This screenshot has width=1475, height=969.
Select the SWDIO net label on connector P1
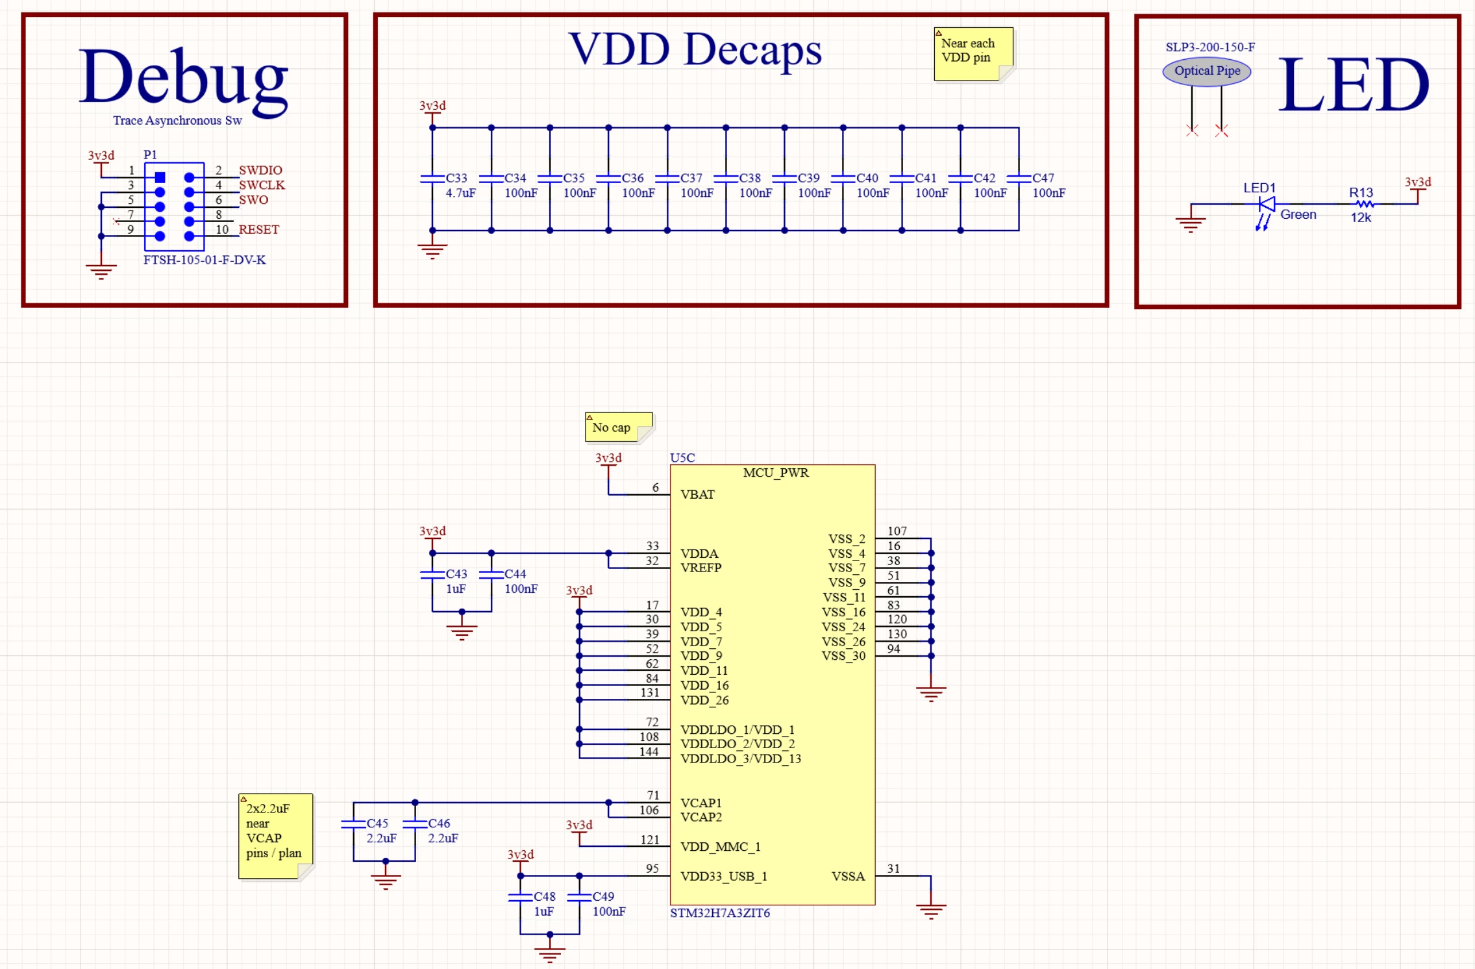pos(260,170)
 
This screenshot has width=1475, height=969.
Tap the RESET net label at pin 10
pos(258,229)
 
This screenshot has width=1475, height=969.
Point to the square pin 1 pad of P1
pos(160,177)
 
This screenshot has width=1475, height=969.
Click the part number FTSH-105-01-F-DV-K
pos(205,260)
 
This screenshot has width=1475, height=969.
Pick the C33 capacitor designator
pos(456,178)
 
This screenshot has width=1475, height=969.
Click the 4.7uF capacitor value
pos(460,193)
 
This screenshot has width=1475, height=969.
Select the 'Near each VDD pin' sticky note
pos(973,54)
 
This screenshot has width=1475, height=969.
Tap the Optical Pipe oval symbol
pos(1207,71)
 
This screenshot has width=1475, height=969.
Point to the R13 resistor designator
pos(1361,193)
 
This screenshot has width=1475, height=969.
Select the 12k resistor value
pos(1361,218)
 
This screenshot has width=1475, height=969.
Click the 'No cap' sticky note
pos(619,427)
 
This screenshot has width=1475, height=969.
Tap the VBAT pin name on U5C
pos(697,494)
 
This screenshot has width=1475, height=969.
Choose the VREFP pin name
pos(700,568)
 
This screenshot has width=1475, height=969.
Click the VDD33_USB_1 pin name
pos(723,876)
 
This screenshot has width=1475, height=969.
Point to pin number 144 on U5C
pos(649,751)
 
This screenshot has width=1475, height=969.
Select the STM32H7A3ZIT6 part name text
pos(720,913)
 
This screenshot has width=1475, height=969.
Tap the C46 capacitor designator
pos(439,824)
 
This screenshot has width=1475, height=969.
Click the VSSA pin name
pos(849,876)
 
